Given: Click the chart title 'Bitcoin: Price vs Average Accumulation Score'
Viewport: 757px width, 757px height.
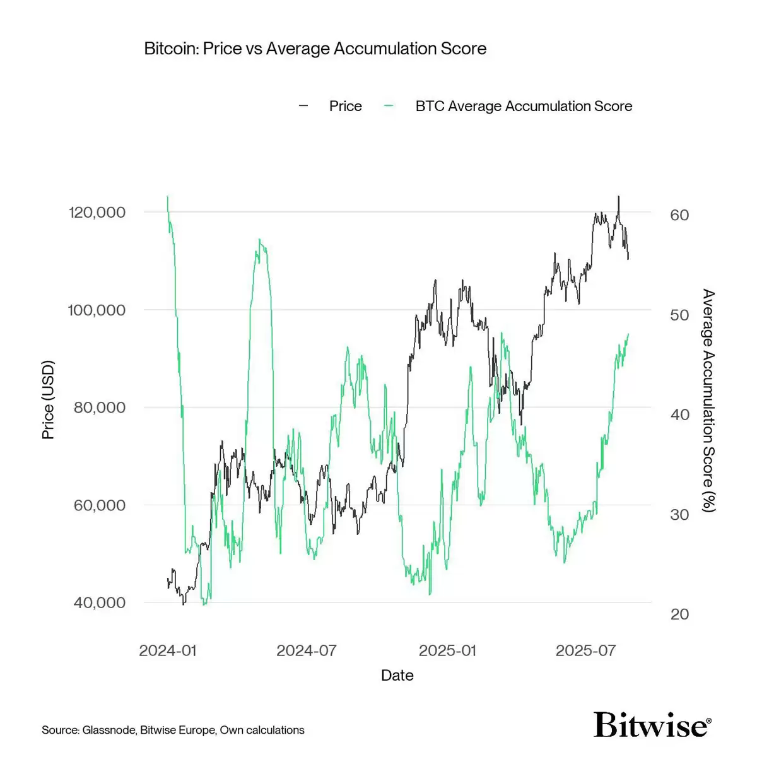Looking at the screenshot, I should point(315,49).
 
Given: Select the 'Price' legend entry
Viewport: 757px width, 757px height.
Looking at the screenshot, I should point(344,106).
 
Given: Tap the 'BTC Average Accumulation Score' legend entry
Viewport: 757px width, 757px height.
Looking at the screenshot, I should point(523,106).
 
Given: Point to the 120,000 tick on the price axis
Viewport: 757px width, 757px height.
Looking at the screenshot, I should point(97,212).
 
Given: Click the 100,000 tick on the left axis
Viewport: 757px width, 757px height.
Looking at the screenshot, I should point(97,310).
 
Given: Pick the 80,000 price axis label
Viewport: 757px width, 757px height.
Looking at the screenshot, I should point(100,408).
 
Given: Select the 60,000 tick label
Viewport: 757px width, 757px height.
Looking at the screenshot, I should point(100,505).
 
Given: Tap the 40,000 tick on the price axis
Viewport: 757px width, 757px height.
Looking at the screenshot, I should point(100,602).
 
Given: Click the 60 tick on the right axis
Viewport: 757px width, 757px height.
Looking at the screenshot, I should point(679,215).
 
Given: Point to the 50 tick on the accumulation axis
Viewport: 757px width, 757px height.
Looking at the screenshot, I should point(679,315).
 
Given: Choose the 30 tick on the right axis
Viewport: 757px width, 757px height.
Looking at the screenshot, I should point(679,515).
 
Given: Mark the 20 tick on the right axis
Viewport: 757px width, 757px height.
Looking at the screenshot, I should point(679,614).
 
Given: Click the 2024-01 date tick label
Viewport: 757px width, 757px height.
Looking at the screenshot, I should point(168,650).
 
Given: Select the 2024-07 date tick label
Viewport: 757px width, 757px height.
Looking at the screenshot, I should point(307,650).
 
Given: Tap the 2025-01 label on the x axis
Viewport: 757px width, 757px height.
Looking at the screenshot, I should point(447,650).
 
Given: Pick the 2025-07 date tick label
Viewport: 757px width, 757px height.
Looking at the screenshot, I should point(585,650).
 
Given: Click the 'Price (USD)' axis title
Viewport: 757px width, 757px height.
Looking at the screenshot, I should point(48,400).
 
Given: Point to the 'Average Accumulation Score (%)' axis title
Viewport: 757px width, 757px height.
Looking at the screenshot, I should point(709,401).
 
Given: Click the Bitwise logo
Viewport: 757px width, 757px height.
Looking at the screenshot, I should point(652,725).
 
